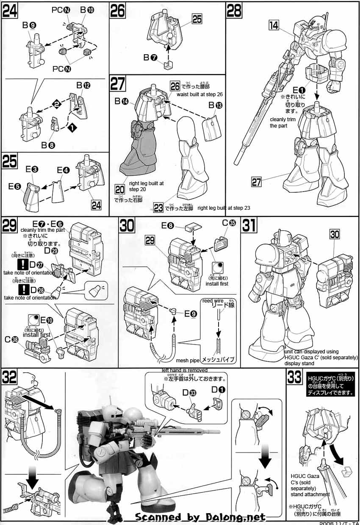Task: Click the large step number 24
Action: click(x=11, y=11)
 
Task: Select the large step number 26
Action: click(x=118, y=11)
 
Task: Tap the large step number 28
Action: click(x=234, y=11)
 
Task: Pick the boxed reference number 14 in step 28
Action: click(x=274, y=25)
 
